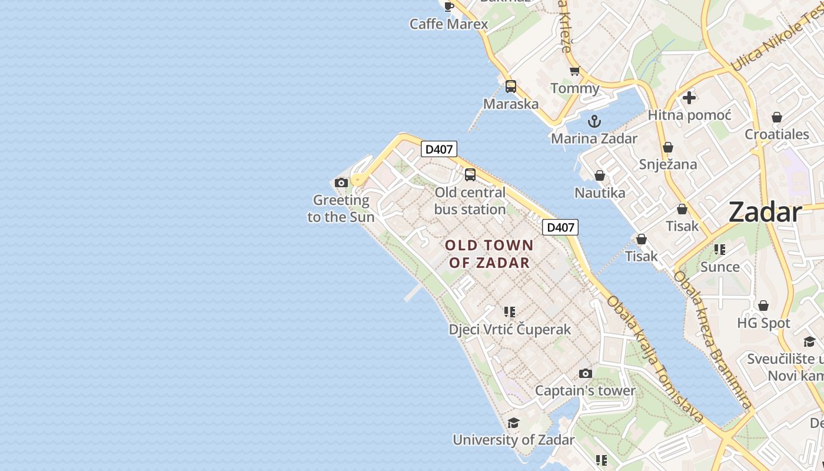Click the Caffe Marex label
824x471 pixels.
click(448, 24)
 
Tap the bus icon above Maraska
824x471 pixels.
click(511, 87)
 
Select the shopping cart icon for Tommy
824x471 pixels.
click(574, 71)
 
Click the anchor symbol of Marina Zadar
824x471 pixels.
click(594, 121)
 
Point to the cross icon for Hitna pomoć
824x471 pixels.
click(689, 98)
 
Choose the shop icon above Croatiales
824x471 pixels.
click(777, 117)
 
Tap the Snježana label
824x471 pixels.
click(668, 164)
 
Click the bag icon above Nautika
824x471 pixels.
click(599, 175)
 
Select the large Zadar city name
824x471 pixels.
click(765, 212)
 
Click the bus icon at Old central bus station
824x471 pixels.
click(470, 174)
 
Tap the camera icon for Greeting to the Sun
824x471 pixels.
click(341, 183)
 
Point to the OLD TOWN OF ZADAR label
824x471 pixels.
click(489, 254)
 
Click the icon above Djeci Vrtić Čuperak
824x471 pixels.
click(510, 312)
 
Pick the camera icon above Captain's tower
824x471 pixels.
click(585, 373)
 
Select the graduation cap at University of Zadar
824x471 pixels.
click(513, 423)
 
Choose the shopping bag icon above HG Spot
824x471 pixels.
click(763, 306)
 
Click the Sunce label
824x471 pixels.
click(720, 267)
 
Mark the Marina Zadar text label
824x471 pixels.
click(594, 138)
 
